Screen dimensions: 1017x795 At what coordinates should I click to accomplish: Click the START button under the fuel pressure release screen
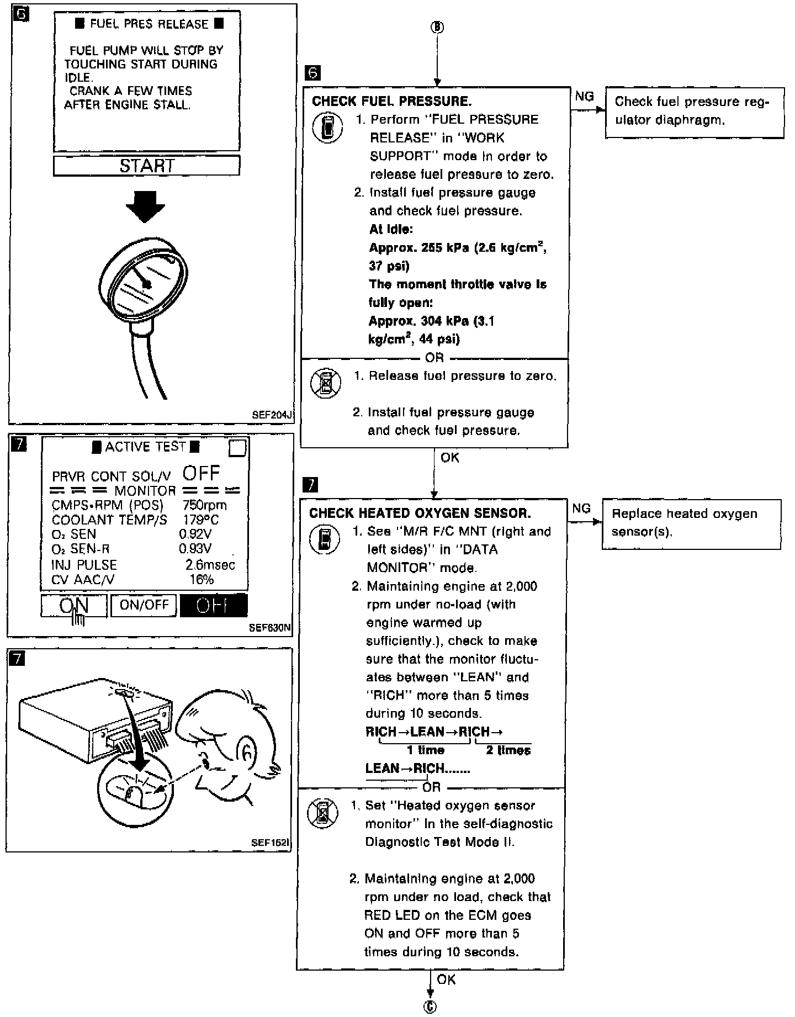(x=146, y=166)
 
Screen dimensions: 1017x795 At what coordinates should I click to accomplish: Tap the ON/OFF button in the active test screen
(x=144, y=605)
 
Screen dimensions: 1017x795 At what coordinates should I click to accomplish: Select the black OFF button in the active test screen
(x=213, y=606)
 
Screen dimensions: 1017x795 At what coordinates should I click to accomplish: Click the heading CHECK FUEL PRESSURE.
(x=391, y=101)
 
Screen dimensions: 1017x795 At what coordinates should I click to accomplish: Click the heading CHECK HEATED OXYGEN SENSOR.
(x=420, y=513)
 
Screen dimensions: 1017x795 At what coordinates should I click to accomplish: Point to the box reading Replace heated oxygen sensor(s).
(x=691, y=523)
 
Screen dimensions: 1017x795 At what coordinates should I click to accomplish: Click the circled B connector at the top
(x=437, y=27)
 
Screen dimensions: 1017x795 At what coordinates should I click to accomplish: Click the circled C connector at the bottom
(x=430, y=1007)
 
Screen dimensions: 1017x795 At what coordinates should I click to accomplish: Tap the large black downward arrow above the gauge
(x=145, y=206)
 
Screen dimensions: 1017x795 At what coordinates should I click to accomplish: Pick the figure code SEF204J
(x=271, y=415)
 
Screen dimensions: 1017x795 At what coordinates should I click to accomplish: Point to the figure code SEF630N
(x=269, y=627)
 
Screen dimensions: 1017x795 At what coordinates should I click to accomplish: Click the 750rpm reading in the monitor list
(x=204, y=505)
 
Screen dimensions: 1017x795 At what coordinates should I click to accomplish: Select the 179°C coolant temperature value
(x=200, y=520)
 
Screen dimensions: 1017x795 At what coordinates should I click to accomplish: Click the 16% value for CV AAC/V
(x=201, y=579)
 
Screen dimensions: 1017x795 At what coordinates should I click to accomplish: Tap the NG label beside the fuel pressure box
(x=584, y=97)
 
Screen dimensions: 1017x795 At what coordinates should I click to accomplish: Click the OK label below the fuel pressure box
(x=449, y=457)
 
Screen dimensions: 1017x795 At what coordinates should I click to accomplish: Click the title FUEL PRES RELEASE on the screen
(x=149, y=24)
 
